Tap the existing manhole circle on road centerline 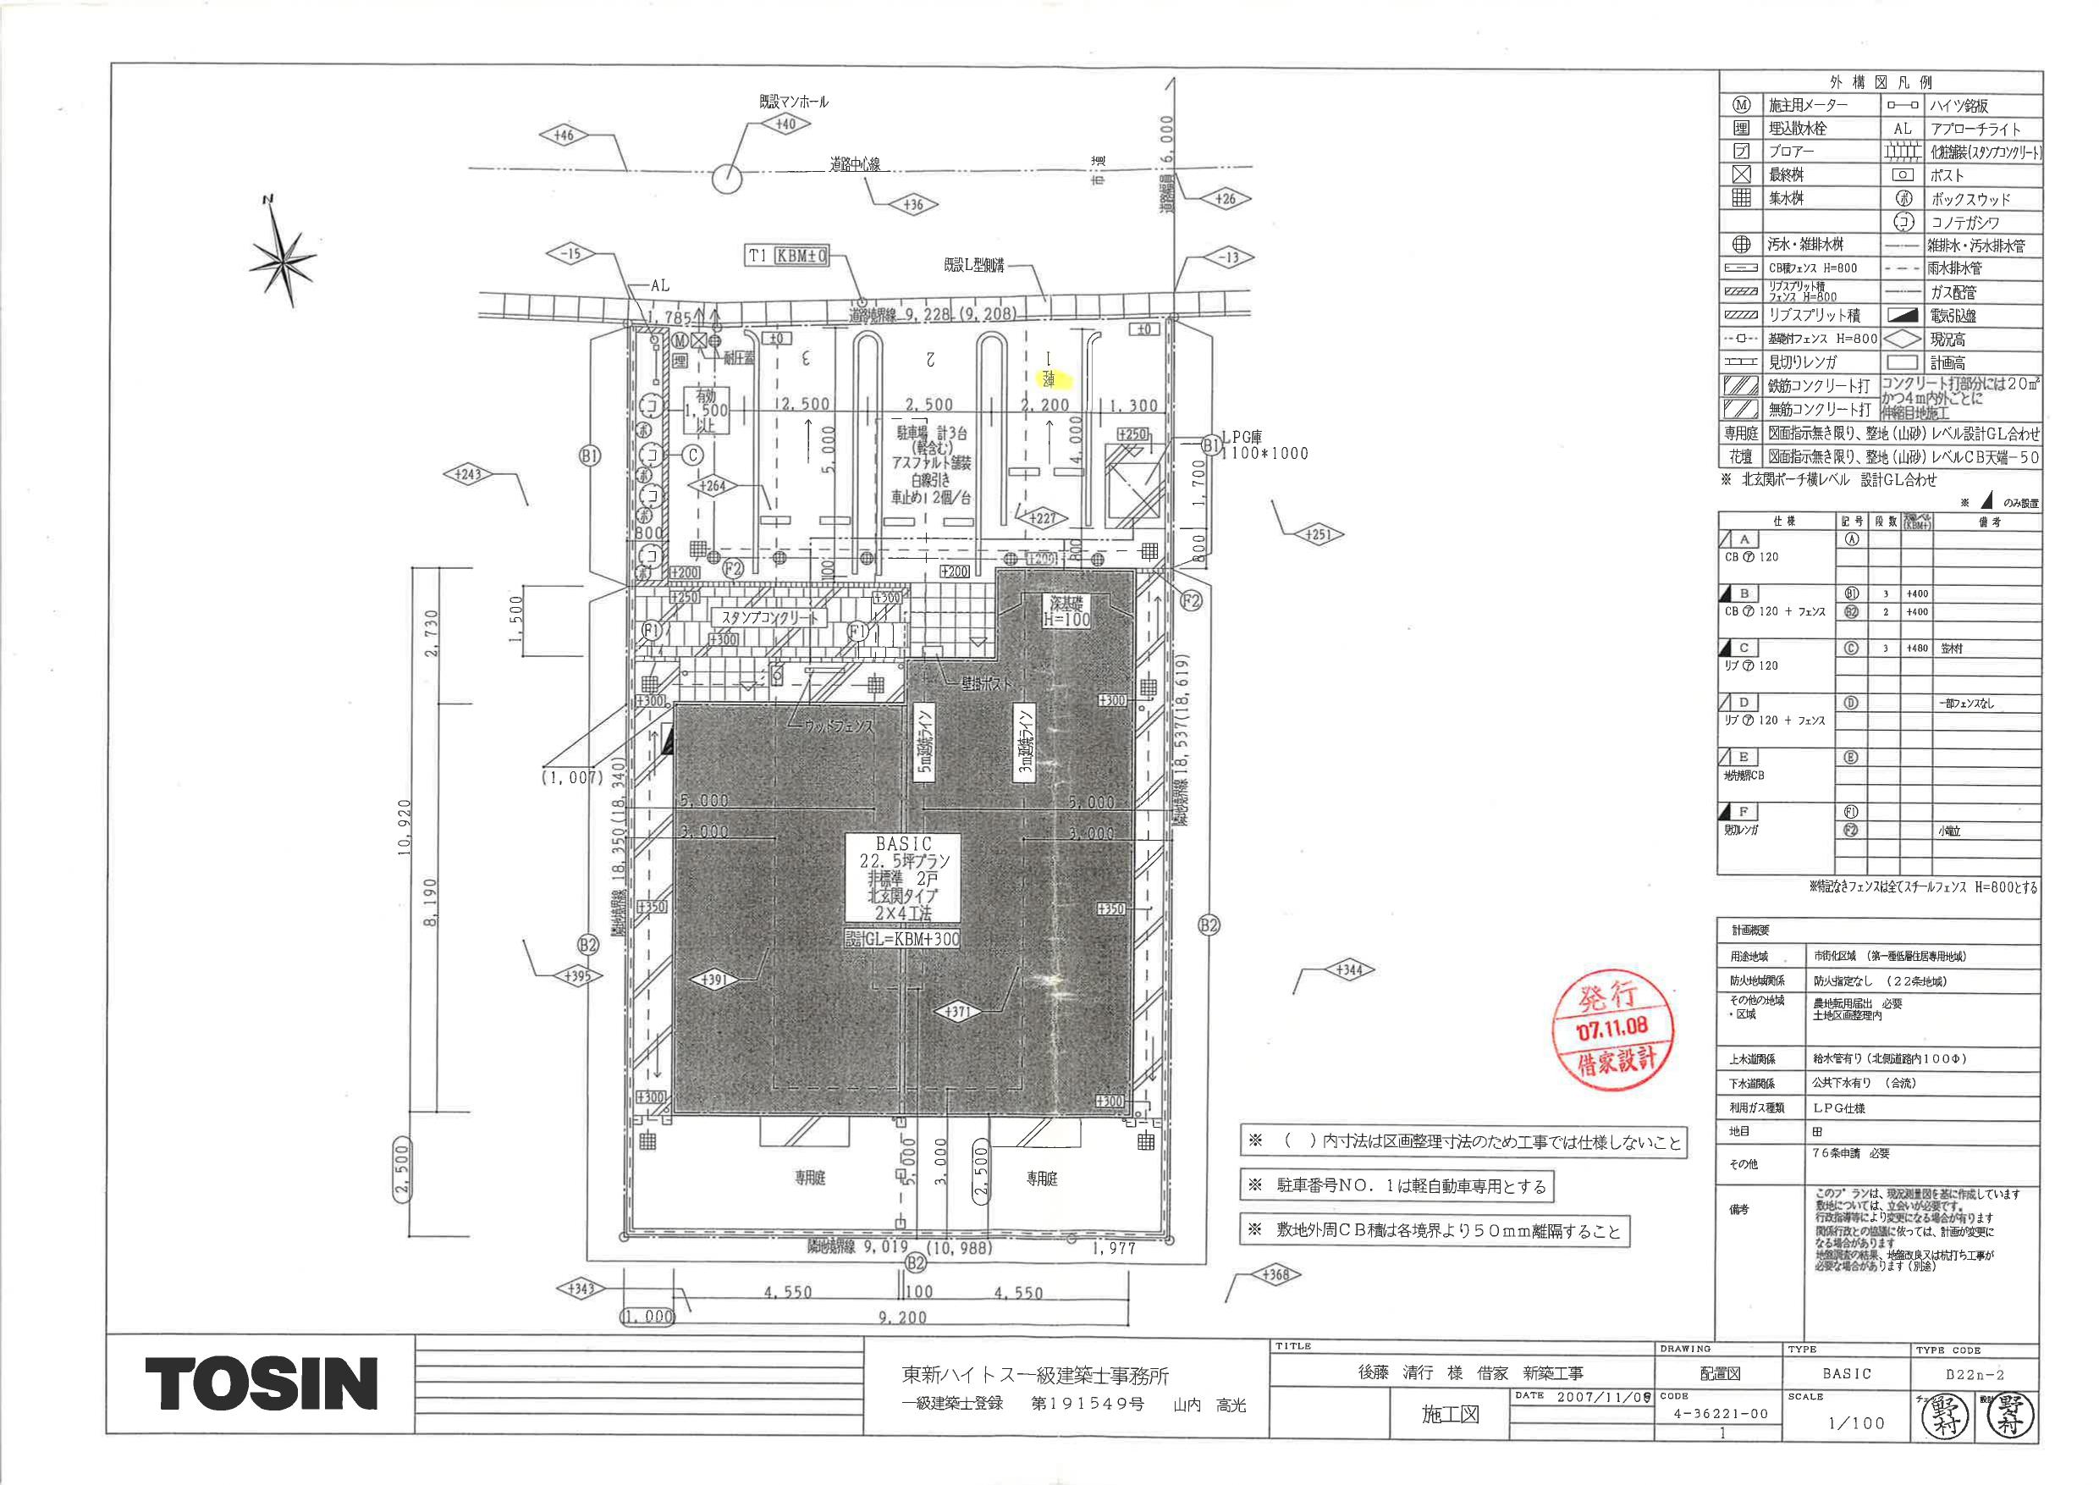tap(727, 179)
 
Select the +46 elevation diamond tap(563, 135)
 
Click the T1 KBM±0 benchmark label tap(786, 256)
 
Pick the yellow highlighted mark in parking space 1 tap(1051, 378)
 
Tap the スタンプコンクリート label tap(769, 617)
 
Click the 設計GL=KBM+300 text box tap(901, 938)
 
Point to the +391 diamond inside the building tap(714, 980)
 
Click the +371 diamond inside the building tap(958, 1013)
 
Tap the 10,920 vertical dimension tap(404, 826)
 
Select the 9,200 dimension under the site tap(902, 1317)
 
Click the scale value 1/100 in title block tap(1856, 1423)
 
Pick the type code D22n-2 tap(1975, 1373)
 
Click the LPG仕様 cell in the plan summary tap(1840, 1107)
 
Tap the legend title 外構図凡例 tap(1879, 82)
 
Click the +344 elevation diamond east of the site tap(1349, 969)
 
